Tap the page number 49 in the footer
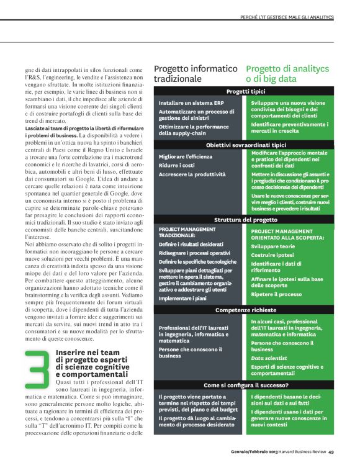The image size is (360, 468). point(331,451)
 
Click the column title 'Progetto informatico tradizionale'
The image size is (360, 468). point(195,74)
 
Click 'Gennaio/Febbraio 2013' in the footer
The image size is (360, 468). point(250,451)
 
